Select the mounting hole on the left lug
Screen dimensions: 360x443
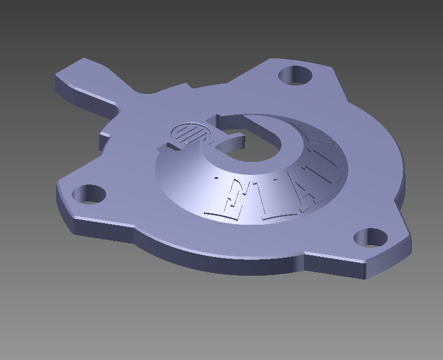tap(90, 194)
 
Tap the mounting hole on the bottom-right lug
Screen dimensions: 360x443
tap(370, 238)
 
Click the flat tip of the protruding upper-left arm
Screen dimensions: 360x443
tap(79, 70)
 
